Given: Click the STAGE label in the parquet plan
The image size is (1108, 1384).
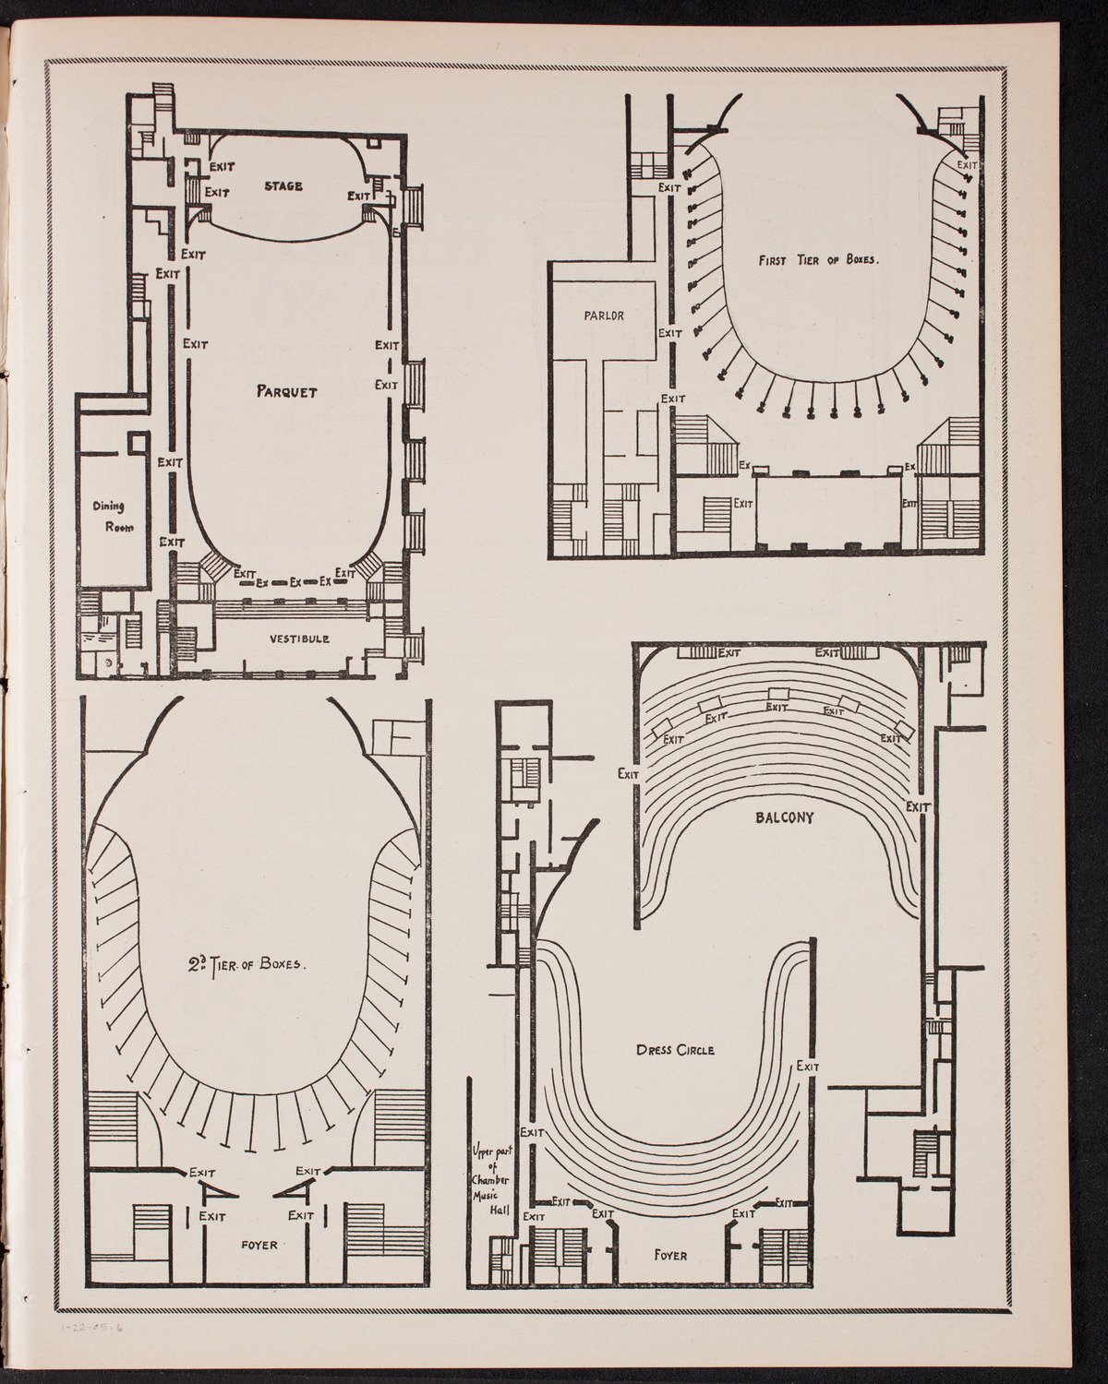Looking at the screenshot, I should (283, 186).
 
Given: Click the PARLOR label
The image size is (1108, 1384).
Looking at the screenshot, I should (605, 315).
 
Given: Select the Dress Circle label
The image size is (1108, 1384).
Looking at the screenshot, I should (675, 1050).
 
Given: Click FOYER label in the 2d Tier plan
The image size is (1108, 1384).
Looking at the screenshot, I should (258, 1243).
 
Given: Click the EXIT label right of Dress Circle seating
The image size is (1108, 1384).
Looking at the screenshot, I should (808, 1067).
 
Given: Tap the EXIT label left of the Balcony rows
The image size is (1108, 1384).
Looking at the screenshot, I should (629, 774).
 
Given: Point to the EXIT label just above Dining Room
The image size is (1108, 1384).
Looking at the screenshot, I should (168, 462).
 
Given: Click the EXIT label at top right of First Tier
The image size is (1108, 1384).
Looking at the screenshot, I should (966, 166).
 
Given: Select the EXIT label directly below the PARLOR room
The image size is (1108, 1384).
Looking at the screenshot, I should (674, 399).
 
